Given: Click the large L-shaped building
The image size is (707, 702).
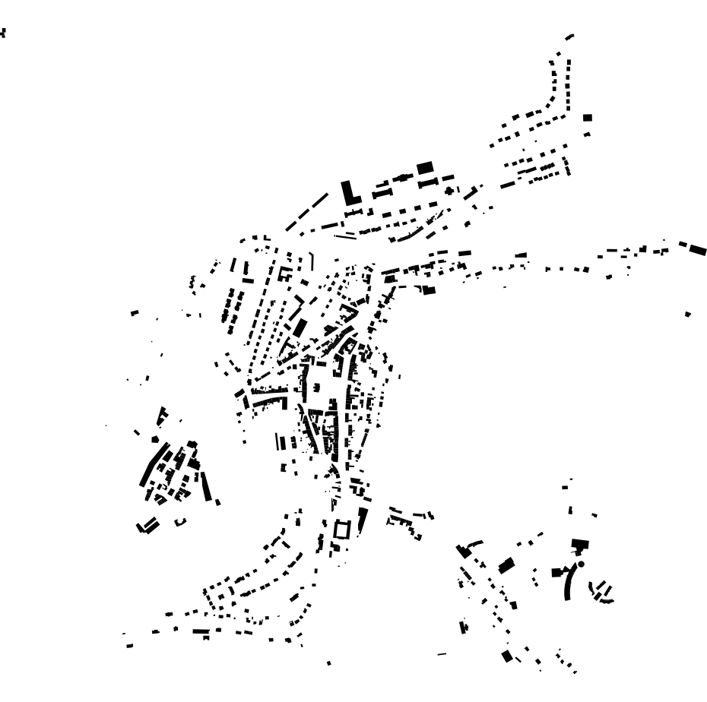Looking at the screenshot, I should pos(350,191).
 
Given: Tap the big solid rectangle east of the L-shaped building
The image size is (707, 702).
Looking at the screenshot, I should pos(425,166).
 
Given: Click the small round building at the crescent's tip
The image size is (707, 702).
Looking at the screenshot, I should pos(581,564).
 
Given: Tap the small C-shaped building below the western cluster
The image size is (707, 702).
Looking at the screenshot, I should pos(180,522).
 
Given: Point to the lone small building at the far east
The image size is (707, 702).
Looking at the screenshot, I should pos(688,313).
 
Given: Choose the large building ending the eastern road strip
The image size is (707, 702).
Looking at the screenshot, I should pos(696,248).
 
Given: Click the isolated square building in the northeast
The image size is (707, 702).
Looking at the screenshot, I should pos(587,118).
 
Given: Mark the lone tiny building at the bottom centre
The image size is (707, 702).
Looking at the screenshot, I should pos(328,662).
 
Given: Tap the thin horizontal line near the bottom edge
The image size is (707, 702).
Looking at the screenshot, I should pos(442,653).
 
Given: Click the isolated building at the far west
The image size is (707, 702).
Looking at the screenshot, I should pos(135,311).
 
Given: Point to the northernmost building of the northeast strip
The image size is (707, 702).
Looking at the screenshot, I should pos(570,36).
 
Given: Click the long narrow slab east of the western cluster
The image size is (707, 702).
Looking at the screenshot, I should pos(207,486).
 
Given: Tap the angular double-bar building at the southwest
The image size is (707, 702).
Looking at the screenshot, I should pos(147,525).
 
